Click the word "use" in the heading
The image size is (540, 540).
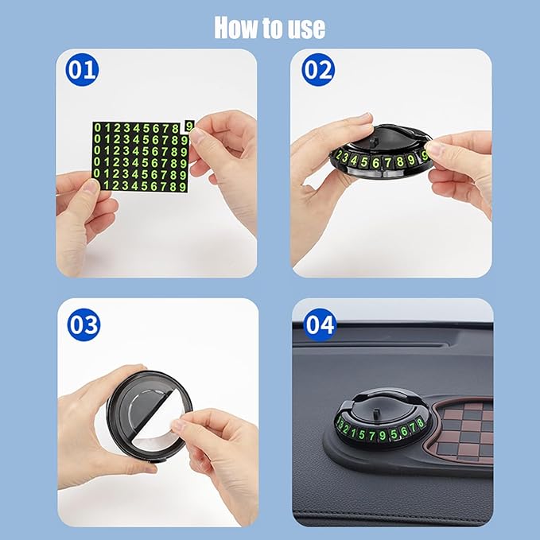tap(306, 28)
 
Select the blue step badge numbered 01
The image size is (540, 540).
tap(82, 70)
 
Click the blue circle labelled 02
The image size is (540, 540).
tap(318, 70)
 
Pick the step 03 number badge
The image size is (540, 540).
tap(84, 324)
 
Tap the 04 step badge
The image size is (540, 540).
tap(320, 324)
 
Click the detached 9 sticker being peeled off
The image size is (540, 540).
tap(189, 126)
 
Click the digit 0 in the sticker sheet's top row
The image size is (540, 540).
tap(98, 127)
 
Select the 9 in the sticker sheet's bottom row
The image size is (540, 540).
tap(183, 187)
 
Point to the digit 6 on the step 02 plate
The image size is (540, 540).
tap(376, 162)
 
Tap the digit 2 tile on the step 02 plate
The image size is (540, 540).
tap(339, 156)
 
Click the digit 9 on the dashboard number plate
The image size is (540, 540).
tap(383, 436)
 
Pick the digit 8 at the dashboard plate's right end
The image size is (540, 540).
tap(420, 422)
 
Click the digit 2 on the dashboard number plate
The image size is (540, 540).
tap(347, 429)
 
